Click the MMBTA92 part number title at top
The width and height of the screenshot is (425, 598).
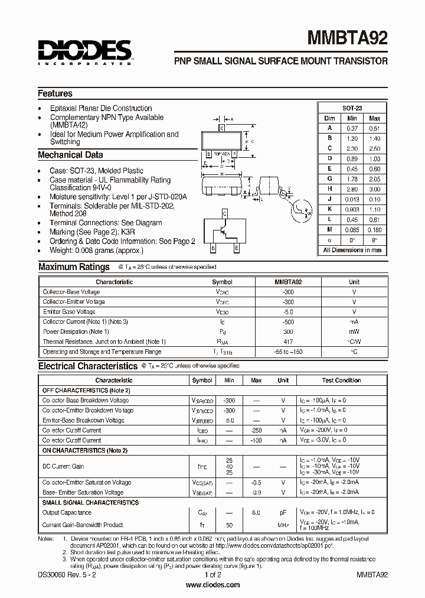[347, 40]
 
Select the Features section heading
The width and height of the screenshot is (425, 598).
[55, 93]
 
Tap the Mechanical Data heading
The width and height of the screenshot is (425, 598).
[70, 155]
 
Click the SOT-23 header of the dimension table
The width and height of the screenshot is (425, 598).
[352, 108]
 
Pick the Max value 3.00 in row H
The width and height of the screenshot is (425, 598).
[374, 189]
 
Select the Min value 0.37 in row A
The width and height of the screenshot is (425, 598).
[352, 128]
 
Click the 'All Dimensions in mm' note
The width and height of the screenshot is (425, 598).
[352, 250]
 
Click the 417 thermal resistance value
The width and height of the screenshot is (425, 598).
[287, 342]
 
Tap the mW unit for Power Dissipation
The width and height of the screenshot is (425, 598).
[354, 331]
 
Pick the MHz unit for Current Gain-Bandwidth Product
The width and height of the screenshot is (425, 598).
[283, 525]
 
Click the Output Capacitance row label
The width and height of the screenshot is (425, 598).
[67, 512]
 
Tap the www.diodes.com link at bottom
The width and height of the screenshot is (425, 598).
[212, 585]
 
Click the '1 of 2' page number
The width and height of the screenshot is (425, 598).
[212, 574]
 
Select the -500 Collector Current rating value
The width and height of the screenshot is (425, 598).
[287, 321]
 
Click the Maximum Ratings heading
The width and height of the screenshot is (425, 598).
[74, 267]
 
